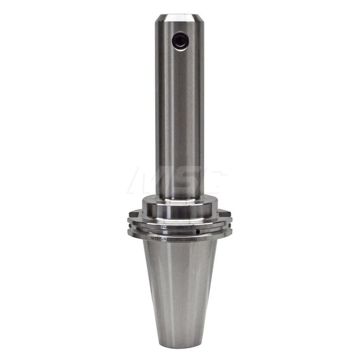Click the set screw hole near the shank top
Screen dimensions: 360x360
179,41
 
